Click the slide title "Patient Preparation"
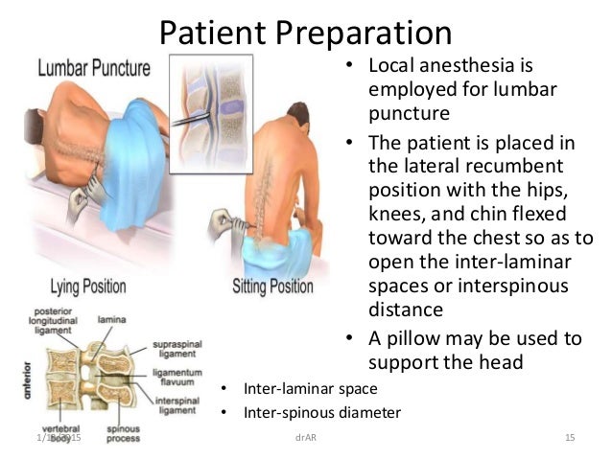(x=305, y=33)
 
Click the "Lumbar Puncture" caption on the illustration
(x=94, y=68)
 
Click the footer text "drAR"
(x=306, y=438)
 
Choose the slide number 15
(x=569, y=438)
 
